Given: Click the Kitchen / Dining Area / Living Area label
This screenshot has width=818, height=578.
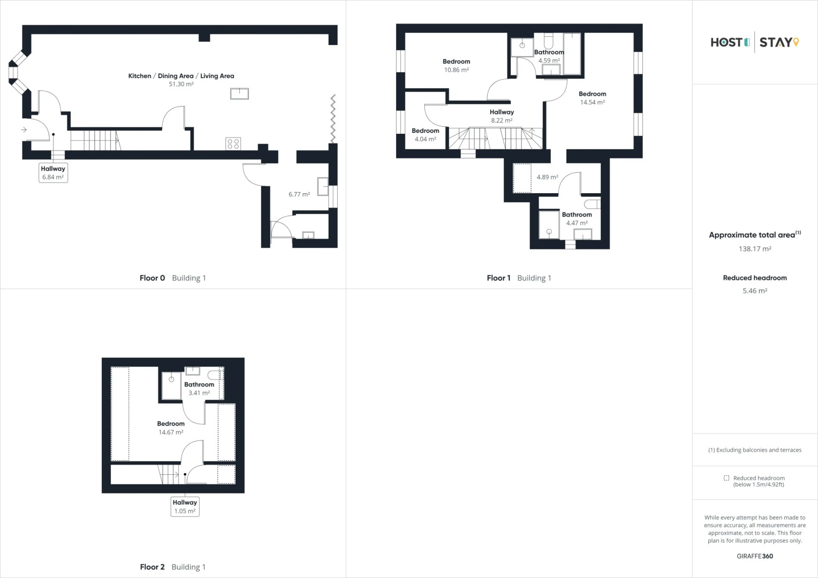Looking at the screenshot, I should click(181, 76).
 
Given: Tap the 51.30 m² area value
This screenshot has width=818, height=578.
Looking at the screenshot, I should click(181, 85).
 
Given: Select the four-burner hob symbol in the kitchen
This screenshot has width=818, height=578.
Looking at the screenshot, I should click(233, 143).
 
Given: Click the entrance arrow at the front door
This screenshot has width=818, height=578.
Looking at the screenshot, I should click(24, 130).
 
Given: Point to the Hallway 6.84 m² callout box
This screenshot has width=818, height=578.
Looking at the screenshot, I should click(53, 173).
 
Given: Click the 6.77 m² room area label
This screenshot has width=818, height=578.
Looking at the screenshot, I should click(299, 194).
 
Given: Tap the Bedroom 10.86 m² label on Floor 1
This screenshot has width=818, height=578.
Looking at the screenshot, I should click(456, 65).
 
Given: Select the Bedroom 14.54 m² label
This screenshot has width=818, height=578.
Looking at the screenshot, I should click(592, 98).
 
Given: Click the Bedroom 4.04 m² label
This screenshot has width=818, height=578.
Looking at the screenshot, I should click(425, 135).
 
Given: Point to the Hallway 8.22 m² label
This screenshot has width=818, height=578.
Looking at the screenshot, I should click(502, 116).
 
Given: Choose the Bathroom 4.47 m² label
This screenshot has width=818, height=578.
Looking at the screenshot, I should click(577, 219).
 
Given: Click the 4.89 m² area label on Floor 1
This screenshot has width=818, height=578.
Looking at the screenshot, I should click(547, 177).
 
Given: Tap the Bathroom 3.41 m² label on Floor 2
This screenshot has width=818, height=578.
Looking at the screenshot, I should click(199, 389).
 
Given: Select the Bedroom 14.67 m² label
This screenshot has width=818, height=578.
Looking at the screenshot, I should click(171, 428).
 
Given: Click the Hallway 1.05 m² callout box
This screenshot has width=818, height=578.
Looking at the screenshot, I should click(185, 506).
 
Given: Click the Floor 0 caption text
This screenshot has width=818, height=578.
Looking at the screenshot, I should click(152, 278).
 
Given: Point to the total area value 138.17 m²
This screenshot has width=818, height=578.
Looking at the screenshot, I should click(755, 249).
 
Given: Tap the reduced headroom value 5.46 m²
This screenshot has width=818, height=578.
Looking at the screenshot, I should click(755, 291).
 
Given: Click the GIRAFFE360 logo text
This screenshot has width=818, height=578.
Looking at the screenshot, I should click(755, 556).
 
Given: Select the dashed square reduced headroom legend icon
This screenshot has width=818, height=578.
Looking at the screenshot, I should click(726, 478).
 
